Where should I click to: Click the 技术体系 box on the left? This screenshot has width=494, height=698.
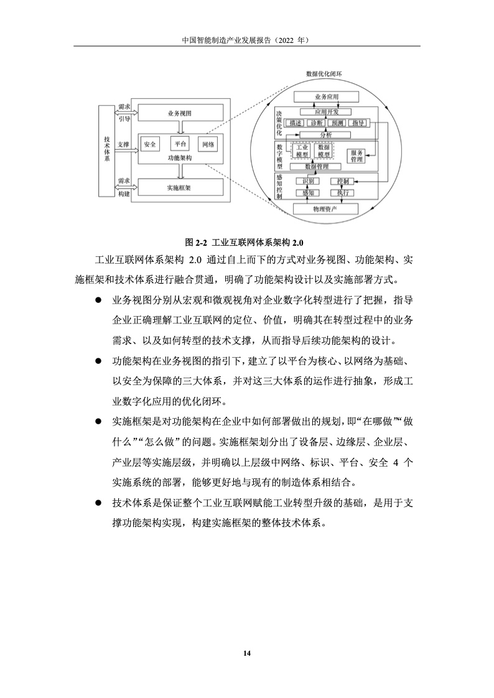(107, 150)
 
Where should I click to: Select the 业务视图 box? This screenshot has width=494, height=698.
(180, 113)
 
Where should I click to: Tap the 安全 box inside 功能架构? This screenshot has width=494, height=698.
(150, 144)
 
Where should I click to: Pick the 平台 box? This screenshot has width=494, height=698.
(180, 144)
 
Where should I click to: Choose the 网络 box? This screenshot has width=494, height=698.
(208, 144)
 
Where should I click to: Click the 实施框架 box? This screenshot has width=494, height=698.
(180, 187)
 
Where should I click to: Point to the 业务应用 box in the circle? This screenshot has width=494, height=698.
(326, 97)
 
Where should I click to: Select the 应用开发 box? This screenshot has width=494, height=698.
(326, 111)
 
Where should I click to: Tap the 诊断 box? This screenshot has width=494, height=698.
(317, 123)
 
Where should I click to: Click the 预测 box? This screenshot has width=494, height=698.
(337, 123)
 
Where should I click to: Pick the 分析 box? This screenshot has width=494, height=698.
(326, 134)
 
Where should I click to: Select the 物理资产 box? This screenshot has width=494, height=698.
(325, 208)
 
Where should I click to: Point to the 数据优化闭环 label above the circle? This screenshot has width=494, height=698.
(324, 73)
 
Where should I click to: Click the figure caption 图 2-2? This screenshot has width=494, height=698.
(247, 241)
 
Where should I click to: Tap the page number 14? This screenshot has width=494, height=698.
(247, 653)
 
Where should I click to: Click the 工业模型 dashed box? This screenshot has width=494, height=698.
(302, 151)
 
